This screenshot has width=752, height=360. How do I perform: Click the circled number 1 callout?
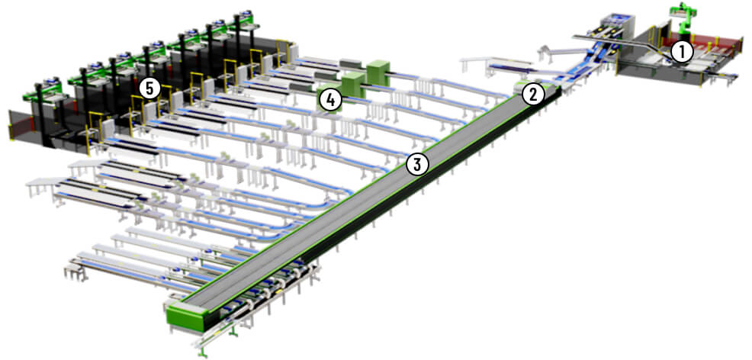click(x=682, y=53)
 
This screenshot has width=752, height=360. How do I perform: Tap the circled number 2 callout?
click(x=534, y=94)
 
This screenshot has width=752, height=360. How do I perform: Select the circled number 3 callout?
click(x=417, y=165)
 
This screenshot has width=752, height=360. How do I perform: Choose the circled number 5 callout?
click(x=149, y=88)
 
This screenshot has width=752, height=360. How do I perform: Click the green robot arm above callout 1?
click(x=684, y=18)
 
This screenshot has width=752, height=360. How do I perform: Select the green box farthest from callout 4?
click(x=378, y=72)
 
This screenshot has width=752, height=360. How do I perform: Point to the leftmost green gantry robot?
click(x=43, y=90)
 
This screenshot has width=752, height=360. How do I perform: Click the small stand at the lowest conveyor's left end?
click(x=74, y=271)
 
